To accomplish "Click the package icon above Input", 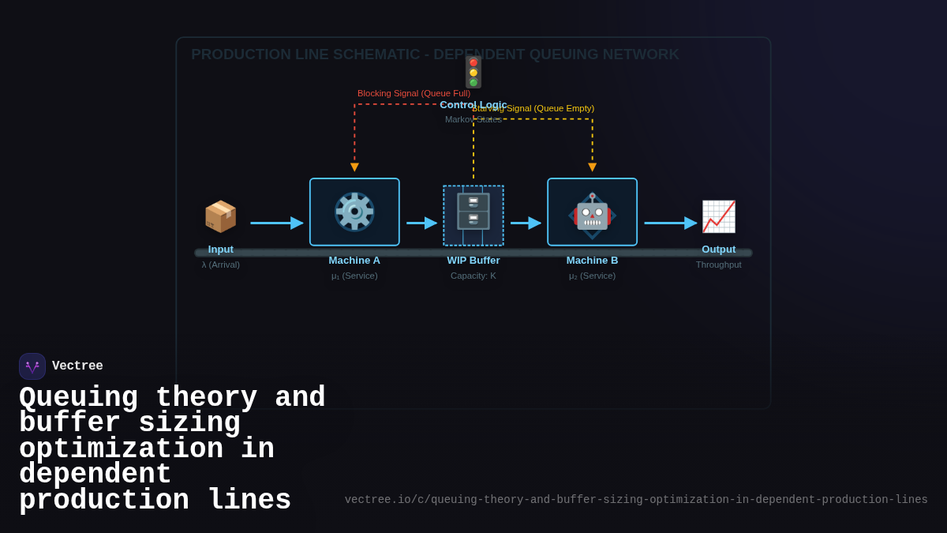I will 220,216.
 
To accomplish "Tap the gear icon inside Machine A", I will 354,212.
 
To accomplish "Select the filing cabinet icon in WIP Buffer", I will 473,212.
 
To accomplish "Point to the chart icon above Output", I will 718,216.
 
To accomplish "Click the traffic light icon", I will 473,72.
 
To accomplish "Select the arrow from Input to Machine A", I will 276,223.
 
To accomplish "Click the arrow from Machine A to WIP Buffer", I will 421,223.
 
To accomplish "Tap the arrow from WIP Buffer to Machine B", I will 526,223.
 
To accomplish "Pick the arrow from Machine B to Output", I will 670,223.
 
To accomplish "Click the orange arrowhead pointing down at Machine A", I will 354,167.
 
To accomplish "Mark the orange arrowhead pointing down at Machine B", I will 592,167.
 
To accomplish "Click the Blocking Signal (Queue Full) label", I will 414,93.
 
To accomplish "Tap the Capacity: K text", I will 473,276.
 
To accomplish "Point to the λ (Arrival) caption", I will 221,265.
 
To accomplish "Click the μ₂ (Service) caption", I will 592,276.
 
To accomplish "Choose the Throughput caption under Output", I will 718,265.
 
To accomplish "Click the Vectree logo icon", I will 32,366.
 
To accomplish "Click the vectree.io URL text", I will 636,500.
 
